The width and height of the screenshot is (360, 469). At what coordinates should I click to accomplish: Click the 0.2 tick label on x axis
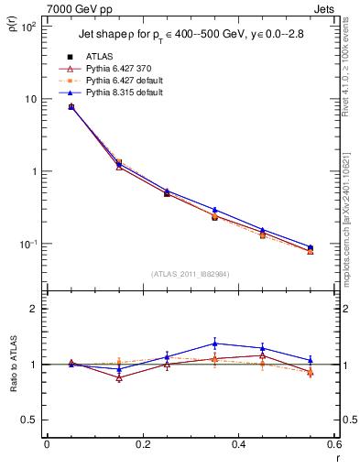click(x=142, y=444)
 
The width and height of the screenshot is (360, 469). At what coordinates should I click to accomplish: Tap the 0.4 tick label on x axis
click(x=238, y=444)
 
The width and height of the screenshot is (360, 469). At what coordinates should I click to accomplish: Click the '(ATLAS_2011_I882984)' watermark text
click(x=191, y=274)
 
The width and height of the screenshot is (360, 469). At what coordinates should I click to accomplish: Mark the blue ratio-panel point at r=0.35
click(x=214, y=344)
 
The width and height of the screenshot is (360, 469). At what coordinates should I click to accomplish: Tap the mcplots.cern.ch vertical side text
click(x=352, y=220)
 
